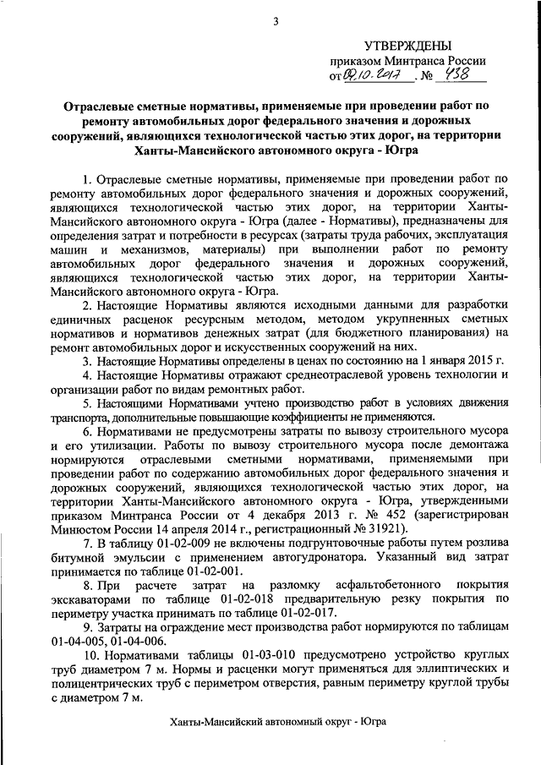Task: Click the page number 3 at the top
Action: (x=276, y=21)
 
